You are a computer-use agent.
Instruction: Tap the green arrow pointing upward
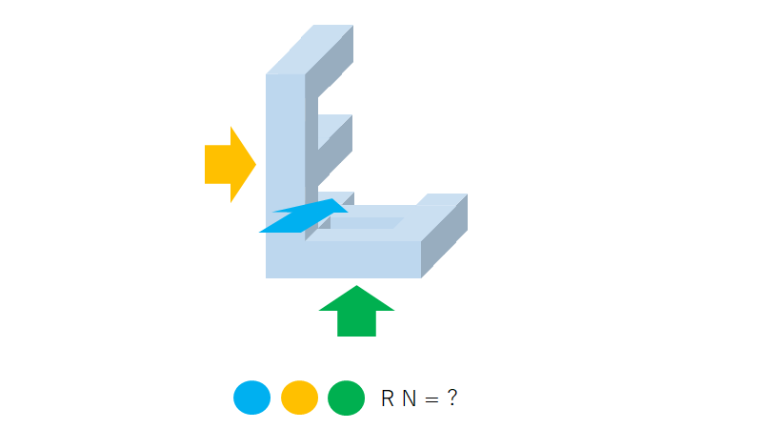tap(356, 312)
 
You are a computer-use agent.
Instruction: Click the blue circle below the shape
tap(252, 398)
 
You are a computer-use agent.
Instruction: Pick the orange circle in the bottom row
tap(299, 398)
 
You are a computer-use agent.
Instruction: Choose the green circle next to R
tap(346, 398)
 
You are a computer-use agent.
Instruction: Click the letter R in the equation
tap(388, 398)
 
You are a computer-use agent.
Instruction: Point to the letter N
tap(409, 398)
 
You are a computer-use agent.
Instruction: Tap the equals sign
tap(431, 398)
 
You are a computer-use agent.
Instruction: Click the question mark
tap(451, 398)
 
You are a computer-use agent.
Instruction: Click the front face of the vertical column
tap(285, 143)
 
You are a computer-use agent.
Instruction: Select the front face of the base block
tap(343, 259)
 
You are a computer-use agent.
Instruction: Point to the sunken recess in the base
tap(367, 223)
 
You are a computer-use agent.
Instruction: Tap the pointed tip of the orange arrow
tap(255, 164)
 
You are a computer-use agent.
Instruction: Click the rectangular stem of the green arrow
tap(356, 324)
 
